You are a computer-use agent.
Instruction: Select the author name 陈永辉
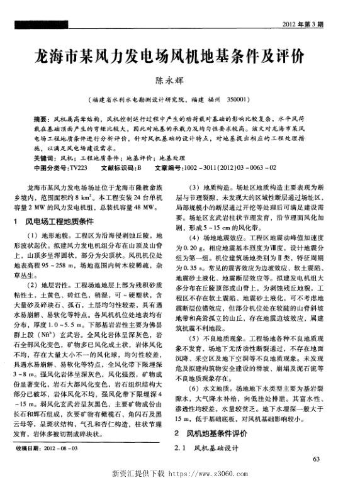coord(179,81)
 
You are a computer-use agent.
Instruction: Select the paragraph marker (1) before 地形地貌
coord(38,234)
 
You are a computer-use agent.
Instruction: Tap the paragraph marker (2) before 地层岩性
coord(38,277)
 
